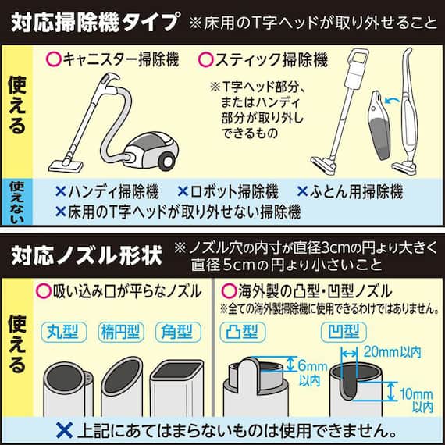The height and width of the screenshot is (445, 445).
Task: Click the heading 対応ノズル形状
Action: tap(84, 255)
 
